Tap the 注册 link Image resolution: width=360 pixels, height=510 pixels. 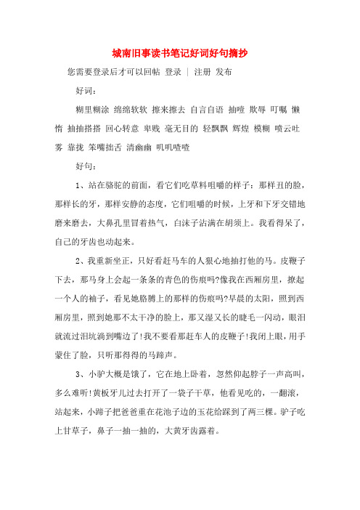pyautogui.click(x=203, y=73)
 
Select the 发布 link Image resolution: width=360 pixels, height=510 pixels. pyautogui.click(x=224, y=73)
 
